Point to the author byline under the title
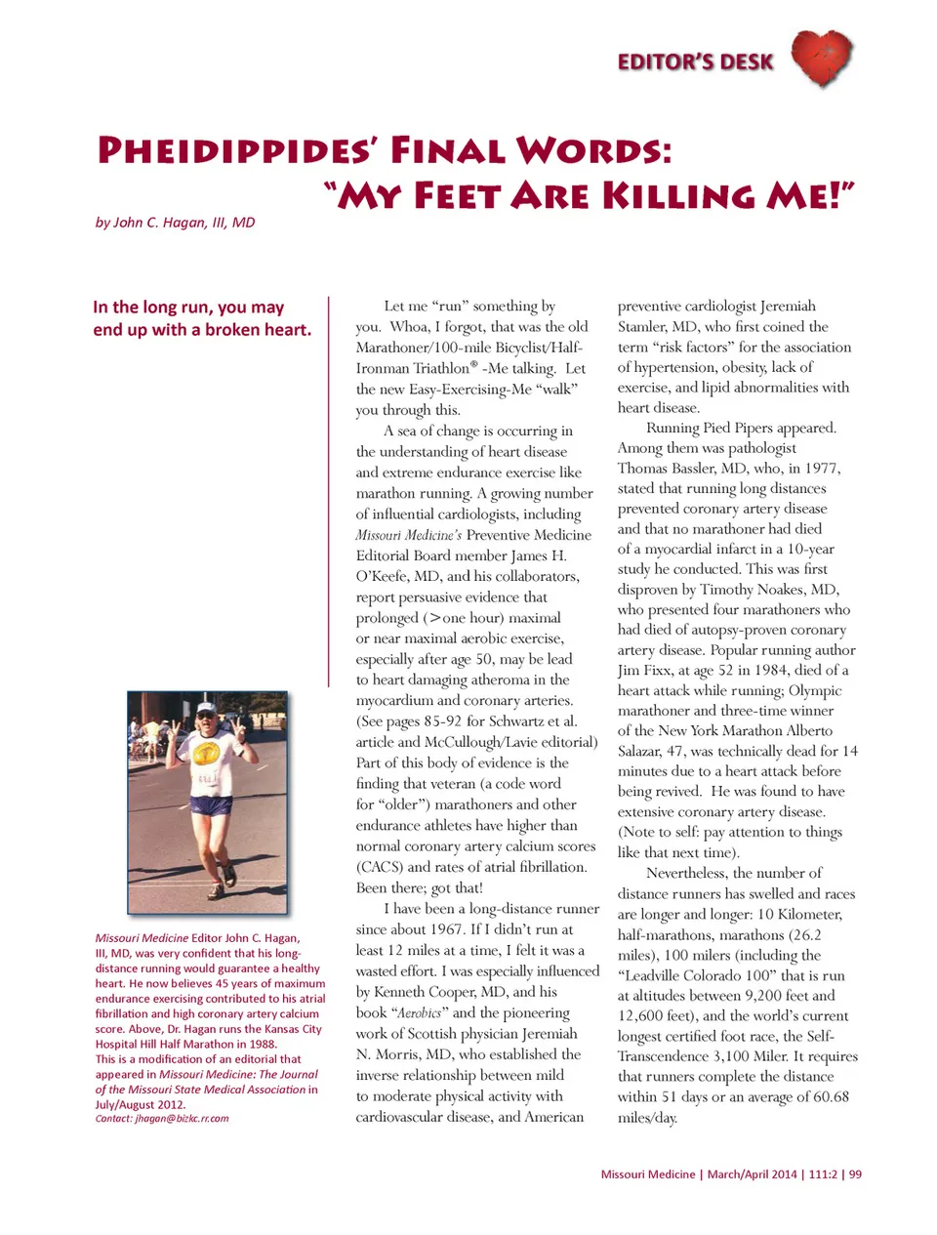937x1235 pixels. tap(175, 223)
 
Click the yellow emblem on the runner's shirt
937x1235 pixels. tap(206, 753)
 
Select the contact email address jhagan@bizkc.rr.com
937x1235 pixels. tap(182, 1119)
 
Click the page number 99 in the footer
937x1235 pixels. tap(855, 1174)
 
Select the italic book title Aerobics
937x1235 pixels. tap(420, 1013)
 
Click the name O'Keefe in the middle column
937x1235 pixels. tap(384, 576)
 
